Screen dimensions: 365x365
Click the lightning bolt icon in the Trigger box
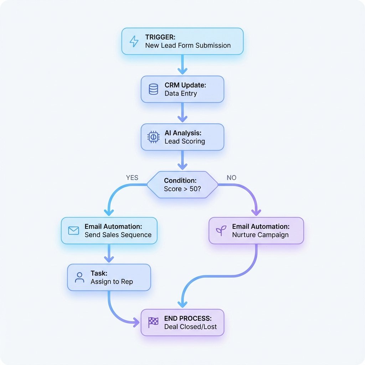pyautogui.click(x=134, y=41)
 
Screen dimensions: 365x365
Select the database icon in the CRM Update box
pyautogui.click(x=153, y=89)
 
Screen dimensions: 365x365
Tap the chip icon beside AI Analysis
pyautogui.click(x=153, y=137)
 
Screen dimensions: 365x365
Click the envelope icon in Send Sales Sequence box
pyautogui.click(x=73, y=231)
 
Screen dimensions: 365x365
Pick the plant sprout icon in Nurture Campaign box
pyautogui.click(x=221, y=231)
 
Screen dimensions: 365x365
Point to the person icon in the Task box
pyautogui.click(x=79, y=277)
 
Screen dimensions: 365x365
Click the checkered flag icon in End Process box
pyautogui.click(x=153, y=322)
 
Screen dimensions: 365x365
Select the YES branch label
pyautogui.click(x=132, y=178)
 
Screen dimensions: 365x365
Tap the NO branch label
pyautogui.click(x=231, y=178)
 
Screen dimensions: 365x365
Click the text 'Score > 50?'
pyautogui.click(x=182, y=189)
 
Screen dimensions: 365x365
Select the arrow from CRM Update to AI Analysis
pyautogui.click(x=182, y=113)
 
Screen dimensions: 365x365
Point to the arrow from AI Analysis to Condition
pyautogui.click(x=182, y=160)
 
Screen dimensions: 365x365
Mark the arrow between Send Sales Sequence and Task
pyautogui.click(x=109, y=254)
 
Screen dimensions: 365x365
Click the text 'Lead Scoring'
pyautogui.click(x=185, y=141)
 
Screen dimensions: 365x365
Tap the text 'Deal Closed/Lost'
pyautogui.click(x=190, y=327)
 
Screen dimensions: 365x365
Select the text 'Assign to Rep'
pyautogui.click(x=112, y=282)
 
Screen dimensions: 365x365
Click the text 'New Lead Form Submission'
pyautogui.click(x=188, y=45)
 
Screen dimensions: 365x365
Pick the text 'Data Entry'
pyautogui.click(x=181, y=93)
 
